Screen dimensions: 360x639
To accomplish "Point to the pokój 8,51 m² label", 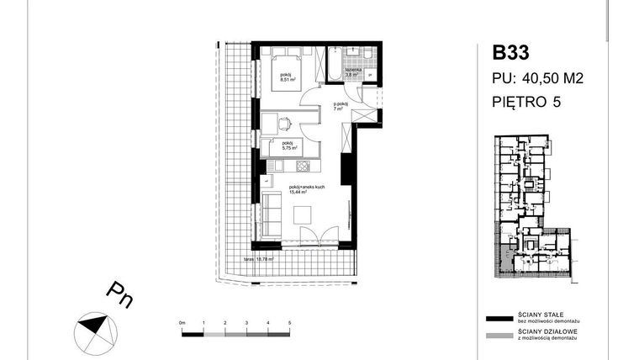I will tap(290, 79).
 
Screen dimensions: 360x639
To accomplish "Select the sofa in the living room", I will tap(270, 214).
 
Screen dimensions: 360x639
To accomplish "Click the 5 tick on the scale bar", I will tap(289, 323).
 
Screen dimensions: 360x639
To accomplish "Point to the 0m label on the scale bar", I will tap(182, 323).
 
